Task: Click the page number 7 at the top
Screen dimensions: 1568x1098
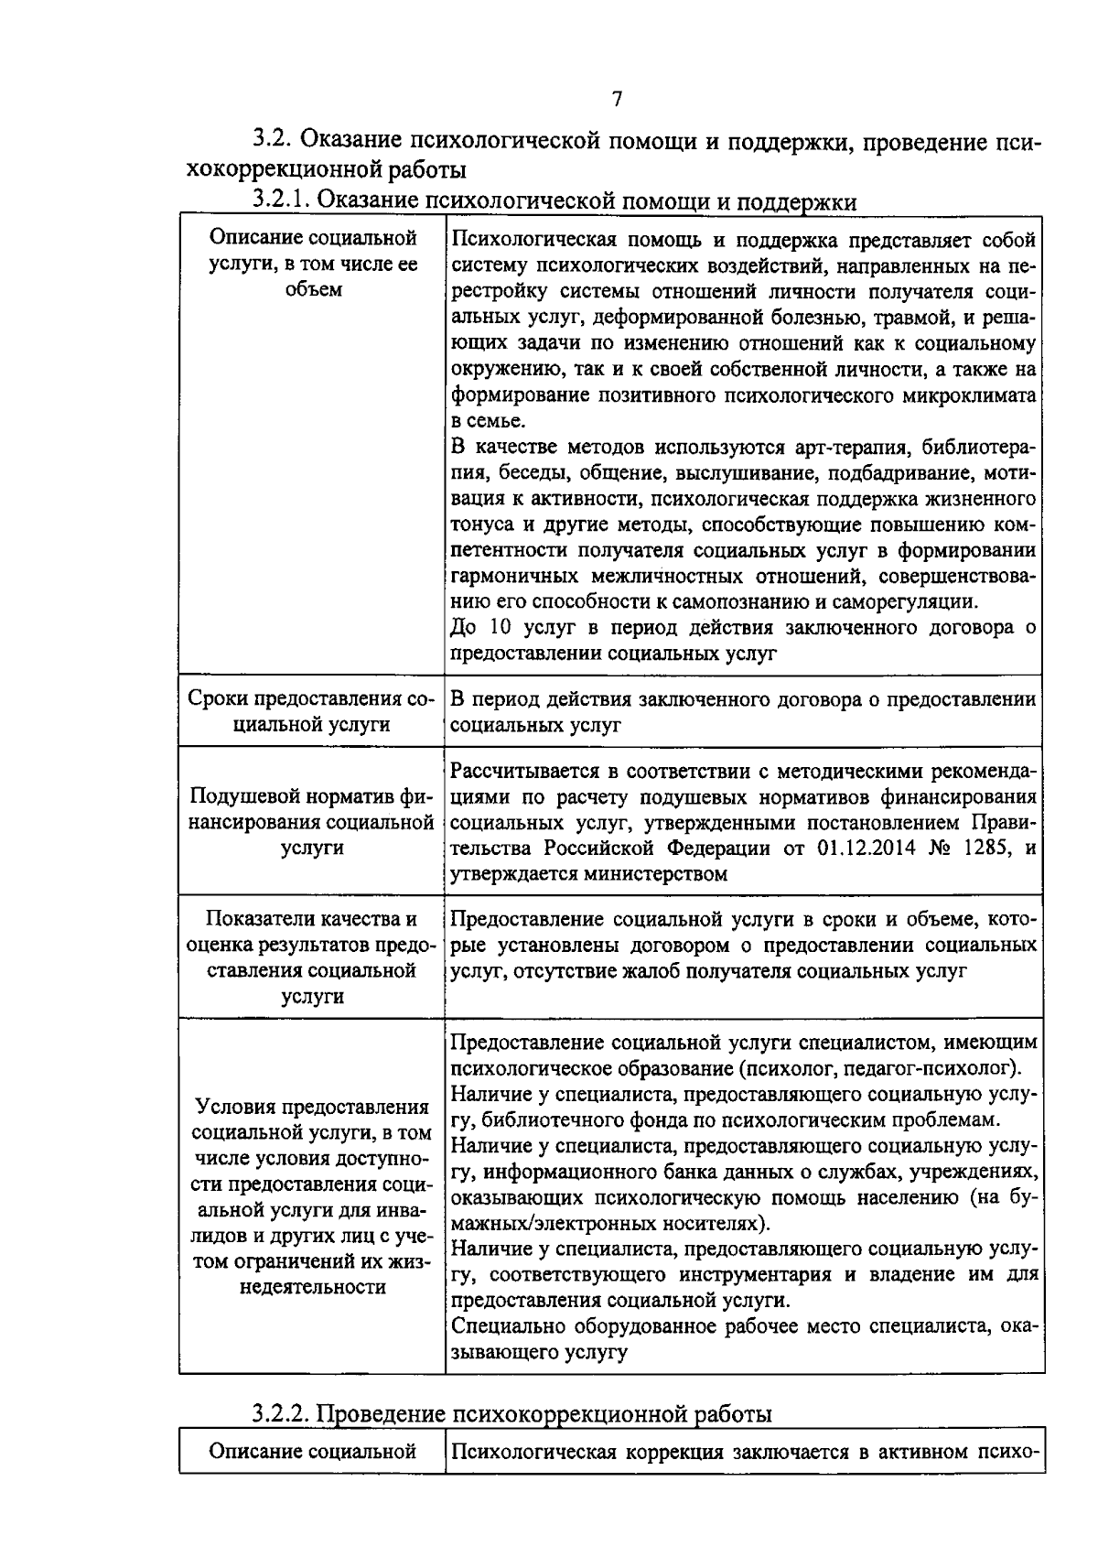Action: (617, 99)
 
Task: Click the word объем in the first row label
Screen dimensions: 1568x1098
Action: (313, 290)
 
